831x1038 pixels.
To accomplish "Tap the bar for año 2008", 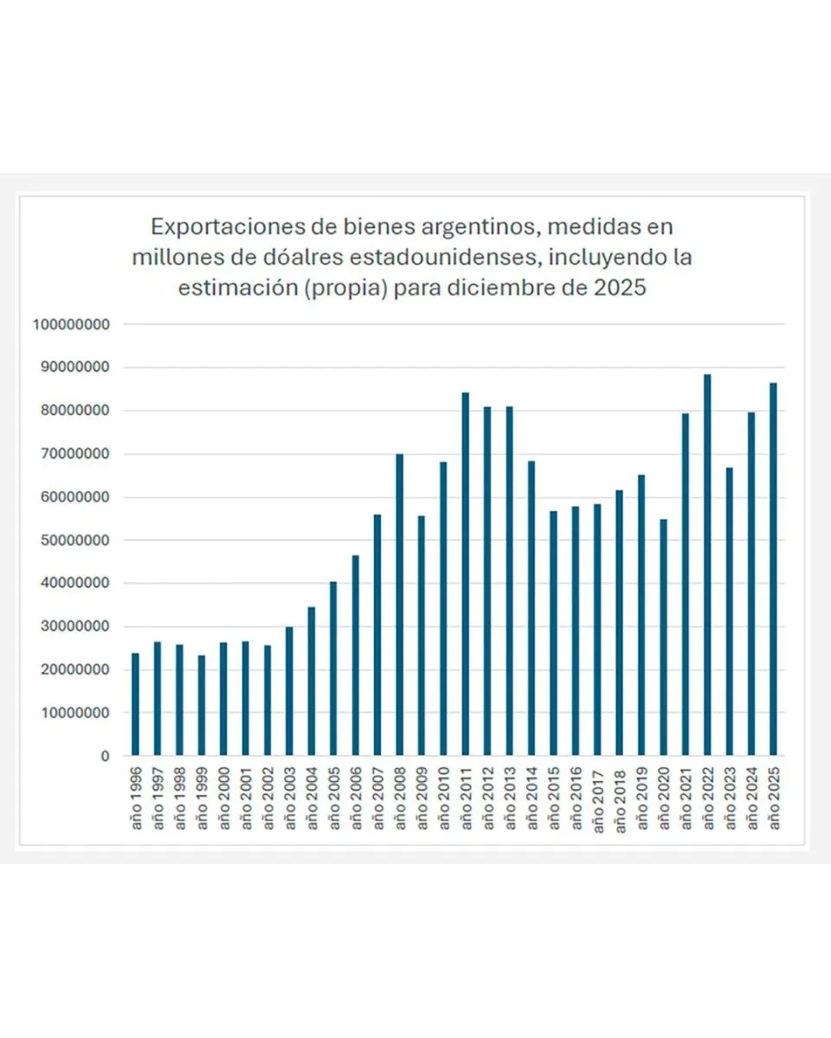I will [x=399, y=605].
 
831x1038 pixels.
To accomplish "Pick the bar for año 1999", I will [x=201, y=705].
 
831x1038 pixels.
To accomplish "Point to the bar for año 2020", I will [x=663, y=638].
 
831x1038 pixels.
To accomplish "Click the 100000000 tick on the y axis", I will [x=72, y=324].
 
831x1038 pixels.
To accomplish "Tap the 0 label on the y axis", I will [x=105, y=756].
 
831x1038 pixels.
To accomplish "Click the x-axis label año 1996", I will [x=136, y=799].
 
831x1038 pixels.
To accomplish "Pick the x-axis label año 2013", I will [x=510, y=799].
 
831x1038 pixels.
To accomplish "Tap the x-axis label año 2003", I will [x=290, y=799].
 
